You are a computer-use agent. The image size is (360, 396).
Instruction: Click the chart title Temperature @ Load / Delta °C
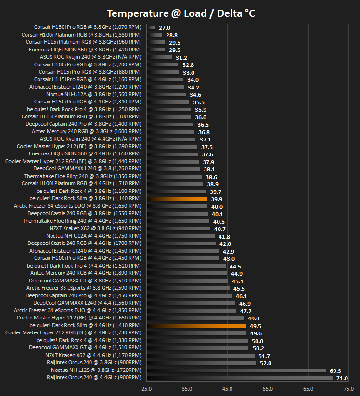[181, 13]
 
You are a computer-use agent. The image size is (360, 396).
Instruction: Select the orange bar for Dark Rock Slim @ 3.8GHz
[177, 199]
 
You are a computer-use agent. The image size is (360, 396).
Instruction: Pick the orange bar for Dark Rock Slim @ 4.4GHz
[196, 326]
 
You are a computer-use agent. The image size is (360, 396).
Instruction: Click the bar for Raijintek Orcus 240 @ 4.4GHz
[240, 378]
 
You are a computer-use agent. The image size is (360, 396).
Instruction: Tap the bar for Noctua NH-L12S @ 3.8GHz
[236, 370]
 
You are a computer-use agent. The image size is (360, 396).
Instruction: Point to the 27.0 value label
[165, 28]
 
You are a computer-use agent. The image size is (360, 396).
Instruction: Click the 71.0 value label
[342, 378]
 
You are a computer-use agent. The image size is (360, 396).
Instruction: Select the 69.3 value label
[335, 371]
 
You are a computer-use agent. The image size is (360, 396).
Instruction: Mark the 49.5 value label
[256, 326]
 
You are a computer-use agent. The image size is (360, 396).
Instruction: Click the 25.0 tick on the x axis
[146, 389]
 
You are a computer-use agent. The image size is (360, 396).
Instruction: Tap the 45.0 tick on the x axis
[227, 389]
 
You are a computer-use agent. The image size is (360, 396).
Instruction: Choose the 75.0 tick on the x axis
[348, 389]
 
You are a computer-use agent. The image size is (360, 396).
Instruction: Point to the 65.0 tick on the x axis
[308, 389]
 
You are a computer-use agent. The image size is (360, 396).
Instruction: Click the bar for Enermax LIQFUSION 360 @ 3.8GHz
[156, 50]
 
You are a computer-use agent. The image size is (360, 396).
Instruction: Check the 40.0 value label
[217, 207]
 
